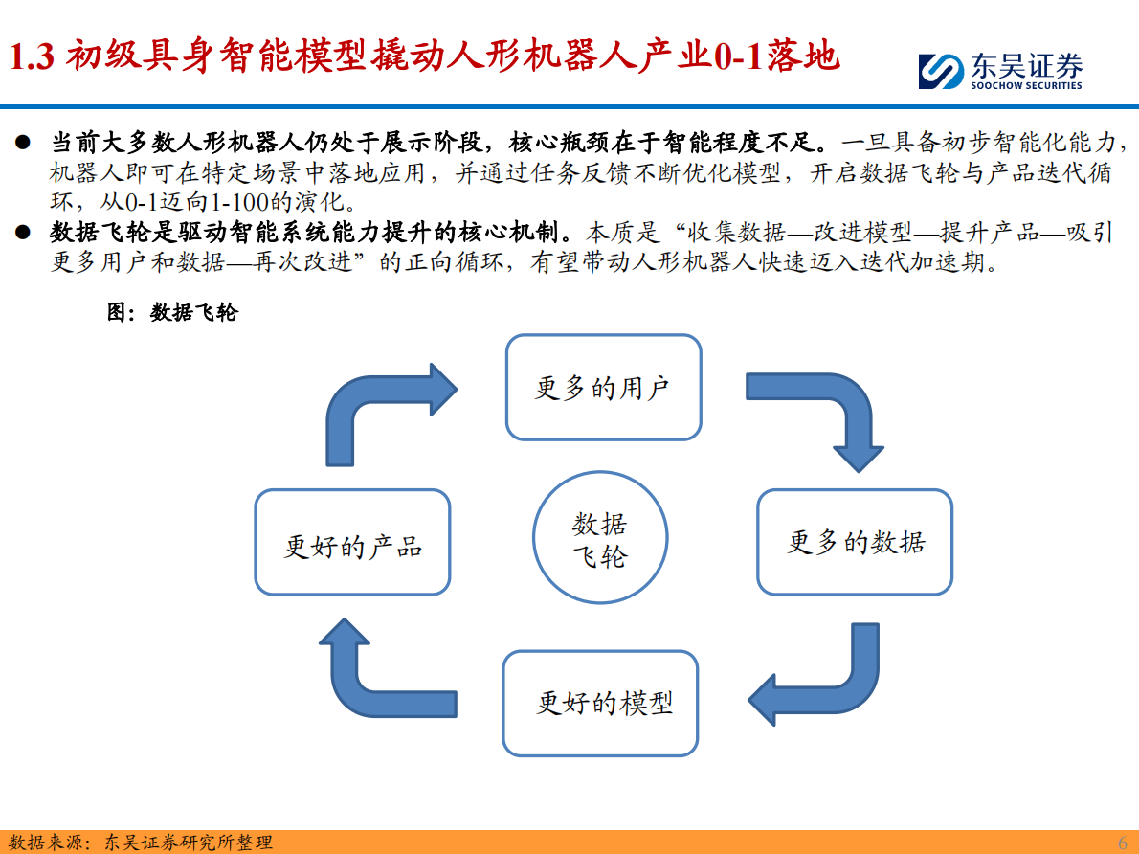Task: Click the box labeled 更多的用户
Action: (603, 388)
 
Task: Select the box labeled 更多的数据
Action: (855, 542)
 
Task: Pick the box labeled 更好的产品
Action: (352, 542)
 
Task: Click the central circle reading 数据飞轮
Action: (600, 539)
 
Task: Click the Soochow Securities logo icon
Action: (940, 71)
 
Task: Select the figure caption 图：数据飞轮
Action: (171, 312)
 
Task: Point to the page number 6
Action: (1123, 842)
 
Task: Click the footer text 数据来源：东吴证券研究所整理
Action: (139, 842)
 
